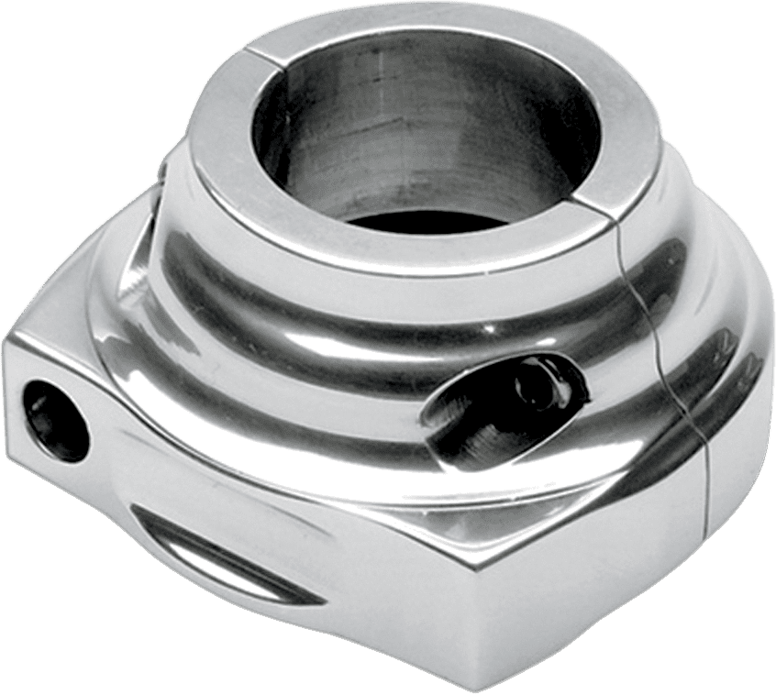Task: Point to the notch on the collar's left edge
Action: click(x=163, y=170)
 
